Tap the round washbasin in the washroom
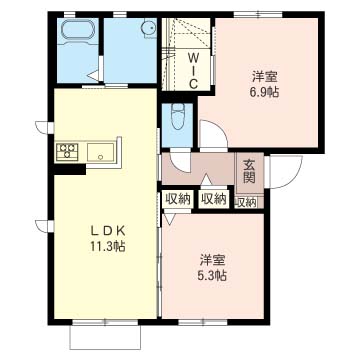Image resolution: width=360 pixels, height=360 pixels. coord(148,27)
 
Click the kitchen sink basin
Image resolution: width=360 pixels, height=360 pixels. coord(100,152)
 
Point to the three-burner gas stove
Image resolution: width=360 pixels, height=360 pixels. coord(67,152)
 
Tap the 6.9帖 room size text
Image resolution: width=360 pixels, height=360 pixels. coord(265,92)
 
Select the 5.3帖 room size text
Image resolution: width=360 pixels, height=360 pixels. coord(214,276)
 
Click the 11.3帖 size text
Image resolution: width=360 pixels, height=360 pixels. coord(107,247)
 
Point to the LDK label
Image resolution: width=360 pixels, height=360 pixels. coord(108,230)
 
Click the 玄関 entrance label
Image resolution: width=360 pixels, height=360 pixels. coord(249,172)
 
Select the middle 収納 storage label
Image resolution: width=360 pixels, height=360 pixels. coord(214,199)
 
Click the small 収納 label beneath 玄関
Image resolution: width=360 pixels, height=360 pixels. coord(246,202)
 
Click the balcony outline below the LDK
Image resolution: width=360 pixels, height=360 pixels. coord(105,337)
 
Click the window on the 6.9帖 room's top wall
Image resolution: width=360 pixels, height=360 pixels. coord(258,14)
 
